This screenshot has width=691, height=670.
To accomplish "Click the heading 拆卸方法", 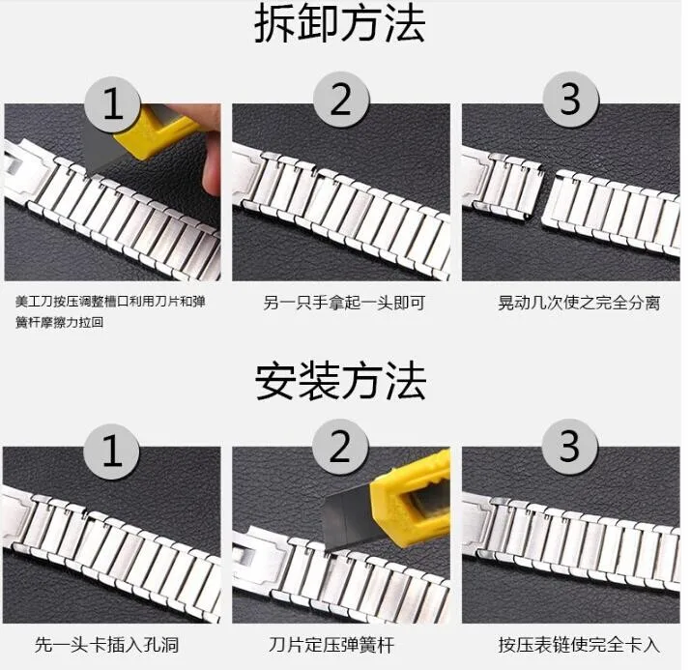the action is (x=340, y=23).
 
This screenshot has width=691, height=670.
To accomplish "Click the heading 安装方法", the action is (x=340, y=381).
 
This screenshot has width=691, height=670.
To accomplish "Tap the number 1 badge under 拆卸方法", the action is (x=113, y=104).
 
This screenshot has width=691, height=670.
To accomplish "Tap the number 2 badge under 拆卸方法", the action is (x=341, y=101).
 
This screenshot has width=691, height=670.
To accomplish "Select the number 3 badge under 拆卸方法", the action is (x=571, y=100).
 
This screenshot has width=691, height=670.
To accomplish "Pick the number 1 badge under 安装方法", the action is (x=112, y=451).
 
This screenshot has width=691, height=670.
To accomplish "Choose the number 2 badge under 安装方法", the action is (x=340, y=448).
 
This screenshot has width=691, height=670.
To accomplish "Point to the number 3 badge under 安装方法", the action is (x=569, y=447).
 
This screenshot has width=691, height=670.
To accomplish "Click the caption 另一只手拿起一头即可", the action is (x=344, y=303).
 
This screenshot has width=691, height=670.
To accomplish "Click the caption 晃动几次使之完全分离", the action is (x=579, y=303).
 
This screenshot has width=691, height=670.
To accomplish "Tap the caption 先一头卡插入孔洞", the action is (x=106, y=645).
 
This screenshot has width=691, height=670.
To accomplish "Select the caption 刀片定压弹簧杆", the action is (x=331, y=645).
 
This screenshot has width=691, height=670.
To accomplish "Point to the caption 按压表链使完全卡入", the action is (x=579, y=645).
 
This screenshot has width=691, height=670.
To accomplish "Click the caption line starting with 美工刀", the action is (x=110, y=302).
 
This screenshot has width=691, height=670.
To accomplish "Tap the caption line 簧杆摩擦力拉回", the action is (x=59, y=322).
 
